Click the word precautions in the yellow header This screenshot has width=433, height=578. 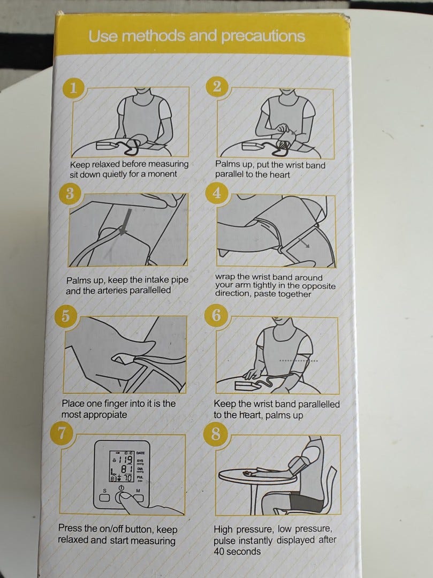coord(263,36)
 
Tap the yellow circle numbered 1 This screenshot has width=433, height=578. coord(73,88)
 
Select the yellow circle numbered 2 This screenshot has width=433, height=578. coord(217,86)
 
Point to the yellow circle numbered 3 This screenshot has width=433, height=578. coord(70,193)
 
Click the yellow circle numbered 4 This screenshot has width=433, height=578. coord(217,193)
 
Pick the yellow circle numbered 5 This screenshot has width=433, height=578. coord(65,316)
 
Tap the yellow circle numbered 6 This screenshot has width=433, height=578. coord(216,315)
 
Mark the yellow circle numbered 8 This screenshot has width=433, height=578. coord(216,434)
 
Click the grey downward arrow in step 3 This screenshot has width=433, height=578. coord(126,221)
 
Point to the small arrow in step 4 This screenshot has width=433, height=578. coord(303,242)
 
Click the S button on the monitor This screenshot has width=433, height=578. coord(105,498)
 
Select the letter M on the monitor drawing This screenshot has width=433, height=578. coord(138,491)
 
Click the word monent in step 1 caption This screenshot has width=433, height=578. coord(162,174)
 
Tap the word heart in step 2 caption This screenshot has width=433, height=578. coord(279,174)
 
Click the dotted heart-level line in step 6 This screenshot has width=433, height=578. coord(299,361)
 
